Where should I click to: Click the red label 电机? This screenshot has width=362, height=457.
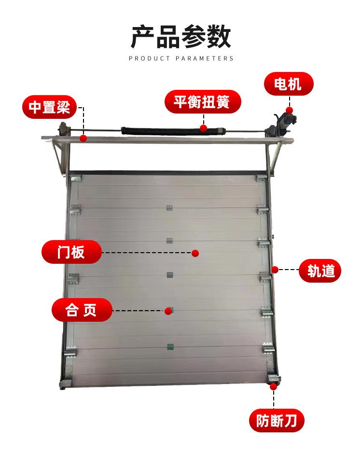[x=288, y=86]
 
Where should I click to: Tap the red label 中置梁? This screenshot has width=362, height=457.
[x=49, y=107]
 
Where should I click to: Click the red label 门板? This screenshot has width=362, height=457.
[x=71, y=252]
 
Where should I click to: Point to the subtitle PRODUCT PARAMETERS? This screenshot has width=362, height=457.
[x=181, y=58]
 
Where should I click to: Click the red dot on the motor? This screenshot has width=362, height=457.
[x=289, y=110]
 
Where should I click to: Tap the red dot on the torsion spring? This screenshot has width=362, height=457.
[x=204, y=128]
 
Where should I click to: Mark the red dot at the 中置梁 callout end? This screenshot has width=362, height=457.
[x=84, y=138]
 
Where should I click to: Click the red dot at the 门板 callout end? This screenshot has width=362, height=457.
[x=195, y=253]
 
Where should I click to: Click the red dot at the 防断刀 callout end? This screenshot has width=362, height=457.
[x=274, y=386]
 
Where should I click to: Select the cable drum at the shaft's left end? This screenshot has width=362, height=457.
[x=63, y=131]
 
